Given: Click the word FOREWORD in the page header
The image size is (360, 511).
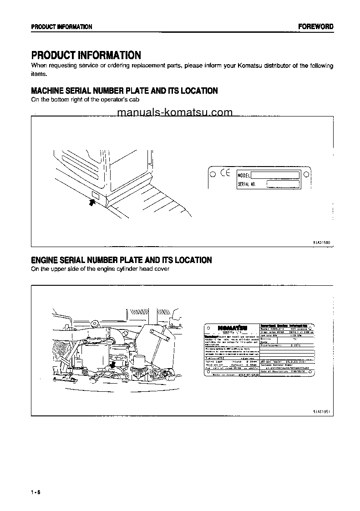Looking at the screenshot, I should coord(315,27).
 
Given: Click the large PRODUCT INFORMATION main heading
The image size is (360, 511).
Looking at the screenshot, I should coord(86,56).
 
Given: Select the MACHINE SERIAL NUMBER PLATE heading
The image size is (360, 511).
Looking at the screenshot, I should coord(124,91).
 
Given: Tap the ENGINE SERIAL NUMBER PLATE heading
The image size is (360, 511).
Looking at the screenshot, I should coord(121,260).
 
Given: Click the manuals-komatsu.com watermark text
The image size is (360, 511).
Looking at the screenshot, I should coord(175,112).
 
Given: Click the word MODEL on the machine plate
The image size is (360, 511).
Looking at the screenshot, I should coord(244,175).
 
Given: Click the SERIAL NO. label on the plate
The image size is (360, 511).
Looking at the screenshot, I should coord(247,184).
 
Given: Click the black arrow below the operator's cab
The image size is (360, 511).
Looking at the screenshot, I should coord(92,204).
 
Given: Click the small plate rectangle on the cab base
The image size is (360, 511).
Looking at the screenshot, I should coord(96,196).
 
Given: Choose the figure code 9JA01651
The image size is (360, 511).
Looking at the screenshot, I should coord(321,411).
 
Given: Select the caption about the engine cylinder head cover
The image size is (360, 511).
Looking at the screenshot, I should coord(100,269).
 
